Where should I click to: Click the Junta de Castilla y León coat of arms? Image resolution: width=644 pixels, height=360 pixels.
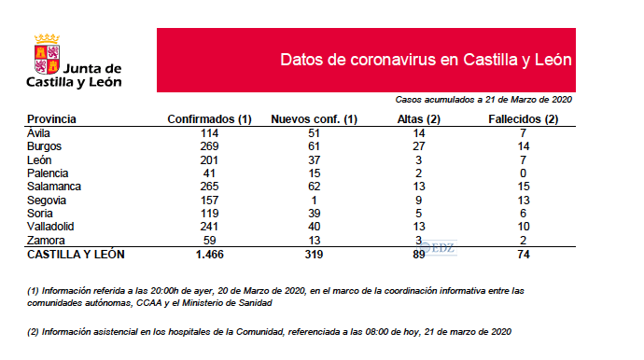click(48, 53)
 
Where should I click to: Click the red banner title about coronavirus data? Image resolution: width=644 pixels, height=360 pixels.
click(426, 60)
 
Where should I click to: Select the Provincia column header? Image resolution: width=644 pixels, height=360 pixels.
click(51, 119)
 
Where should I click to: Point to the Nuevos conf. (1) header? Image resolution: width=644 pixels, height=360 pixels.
click(314, 119)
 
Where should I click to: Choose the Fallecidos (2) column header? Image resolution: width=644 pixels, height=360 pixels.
click(524, 119)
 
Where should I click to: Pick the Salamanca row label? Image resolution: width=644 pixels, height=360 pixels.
click(54, 187)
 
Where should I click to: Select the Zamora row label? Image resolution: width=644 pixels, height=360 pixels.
click(46, 240)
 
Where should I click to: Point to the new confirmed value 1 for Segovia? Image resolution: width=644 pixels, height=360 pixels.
click(314, 200)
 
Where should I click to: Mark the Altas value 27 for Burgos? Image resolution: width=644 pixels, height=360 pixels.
click(418, 146)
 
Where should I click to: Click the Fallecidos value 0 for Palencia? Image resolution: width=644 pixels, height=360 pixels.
click(524, 173)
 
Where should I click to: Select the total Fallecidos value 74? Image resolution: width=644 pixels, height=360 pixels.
click(524, 254)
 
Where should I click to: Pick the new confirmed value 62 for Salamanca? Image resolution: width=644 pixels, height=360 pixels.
click(314, 187)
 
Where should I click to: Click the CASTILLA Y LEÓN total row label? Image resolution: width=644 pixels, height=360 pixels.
click(76, 254)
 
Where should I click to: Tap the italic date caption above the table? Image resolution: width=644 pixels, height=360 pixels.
click(483, 99)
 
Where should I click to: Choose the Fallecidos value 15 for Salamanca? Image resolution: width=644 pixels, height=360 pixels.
click(524, 187)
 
